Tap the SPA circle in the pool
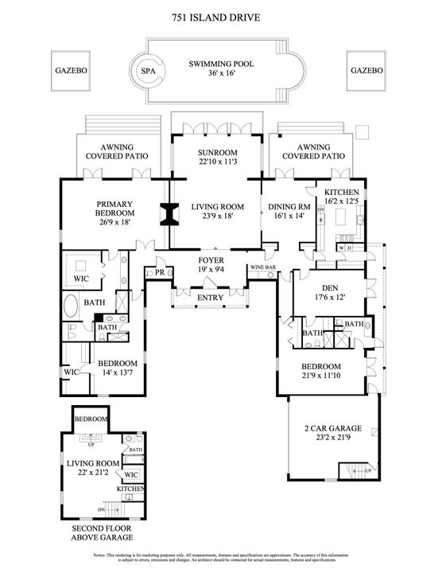[x=147, y=70]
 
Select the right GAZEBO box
[x=367, y=70]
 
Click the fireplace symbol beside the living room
[x=168, y=215]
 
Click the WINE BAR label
[x=263, y=267]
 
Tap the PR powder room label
[x=159, y=272]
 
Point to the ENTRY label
[x=210, y=298]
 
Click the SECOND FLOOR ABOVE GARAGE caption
[x=102, y=532]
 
